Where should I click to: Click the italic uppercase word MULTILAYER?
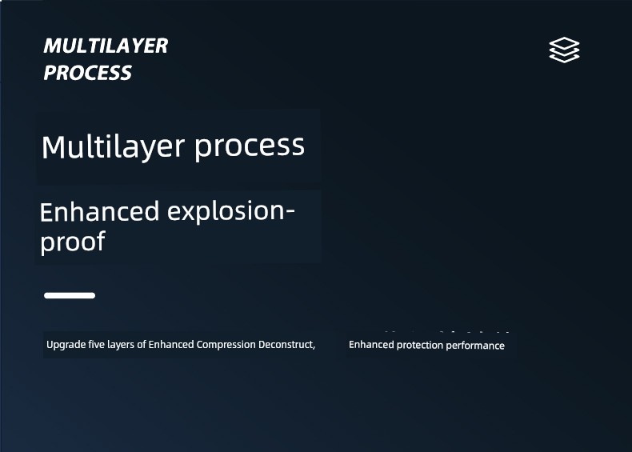coord(106,46)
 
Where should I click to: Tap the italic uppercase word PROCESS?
coord(87,73)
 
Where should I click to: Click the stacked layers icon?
coord(564,50)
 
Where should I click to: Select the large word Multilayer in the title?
coord(114,147)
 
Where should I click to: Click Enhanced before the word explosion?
coord(99,212)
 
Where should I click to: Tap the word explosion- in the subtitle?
coord(231,211)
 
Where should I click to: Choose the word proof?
coord(73,242)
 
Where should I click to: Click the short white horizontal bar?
coord(70,295)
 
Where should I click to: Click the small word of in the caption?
coord(142,345)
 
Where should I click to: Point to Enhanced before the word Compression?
coord(171,345)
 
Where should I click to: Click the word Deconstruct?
coord(286,345)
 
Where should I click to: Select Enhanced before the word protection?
coord(371,345)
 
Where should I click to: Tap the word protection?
coord(419,346)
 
